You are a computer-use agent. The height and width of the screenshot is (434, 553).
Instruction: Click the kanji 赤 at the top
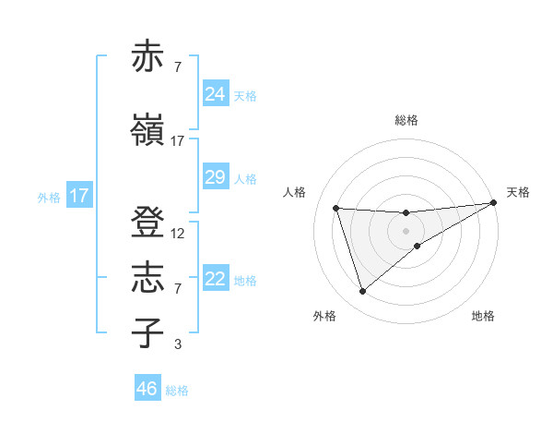(147, 57)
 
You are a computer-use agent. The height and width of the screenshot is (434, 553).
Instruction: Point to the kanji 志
(147, 278)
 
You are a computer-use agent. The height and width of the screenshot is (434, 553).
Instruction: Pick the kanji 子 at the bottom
(147, 332)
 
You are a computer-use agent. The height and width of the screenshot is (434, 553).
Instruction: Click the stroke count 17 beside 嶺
(178, 141)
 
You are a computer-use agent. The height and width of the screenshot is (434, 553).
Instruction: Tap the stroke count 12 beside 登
(178, 234)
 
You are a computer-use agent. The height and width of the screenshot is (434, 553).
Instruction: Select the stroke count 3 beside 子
(178, 344)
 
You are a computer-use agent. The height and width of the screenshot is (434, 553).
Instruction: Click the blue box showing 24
(215, 94)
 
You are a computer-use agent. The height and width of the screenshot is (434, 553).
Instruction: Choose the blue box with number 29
(215, 177)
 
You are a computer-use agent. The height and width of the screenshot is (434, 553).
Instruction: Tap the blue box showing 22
(215, 279)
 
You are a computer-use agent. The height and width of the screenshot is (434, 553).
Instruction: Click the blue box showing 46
(147, 389)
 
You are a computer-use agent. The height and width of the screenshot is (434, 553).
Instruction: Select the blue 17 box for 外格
(78, 196)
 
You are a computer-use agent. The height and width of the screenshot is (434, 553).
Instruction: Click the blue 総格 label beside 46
(177, 391)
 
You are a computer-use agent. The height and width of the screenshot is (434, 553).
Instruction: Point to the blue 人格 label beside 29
(245, 179)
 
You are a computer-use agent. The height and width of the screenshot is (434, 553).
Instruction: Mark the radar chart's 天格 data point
(494, 203)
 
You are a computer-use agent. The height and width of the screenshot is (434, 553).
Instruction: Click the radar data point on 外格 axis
(362, 292)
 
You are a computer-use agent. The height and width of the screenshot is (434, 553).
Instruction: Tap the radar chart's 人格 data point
(336, 208)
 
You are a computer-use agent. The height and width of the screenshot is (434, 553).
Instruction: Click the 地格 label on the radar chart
(483, 316)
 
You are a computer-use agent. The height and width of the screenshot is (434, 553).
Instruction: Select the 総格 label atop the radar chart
(406, 120)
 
